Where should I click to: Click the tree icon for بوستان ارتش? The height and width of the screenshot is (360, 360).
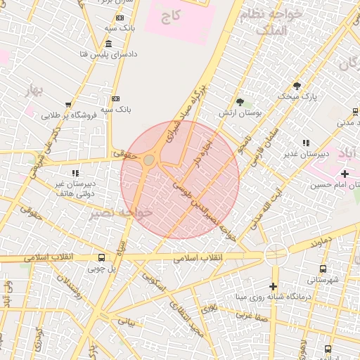coord(240,102)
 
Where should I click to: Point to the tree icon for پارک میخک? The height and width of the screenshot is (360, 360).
coord(297,86)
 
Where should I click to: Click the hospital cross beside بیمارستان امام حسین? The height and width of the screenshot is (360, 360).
coord(344,174)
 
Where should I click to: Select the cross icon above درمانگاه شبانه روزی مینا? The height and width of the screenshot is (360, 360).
coord(273,285)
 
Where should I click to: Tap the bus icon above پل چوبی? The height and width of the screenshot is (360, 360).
coord(102,257)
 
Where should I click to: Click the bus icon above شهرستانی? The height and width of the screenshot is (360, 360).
coord(323,269)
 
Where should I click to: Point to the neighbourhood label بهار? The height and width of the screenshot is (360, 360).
coord(33,91)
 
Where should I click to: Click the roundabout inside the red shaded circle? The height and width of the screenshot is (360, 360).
coord(149,160)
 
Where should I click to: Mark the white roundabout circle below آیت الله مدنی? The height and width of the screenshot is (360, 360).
coord(276,254)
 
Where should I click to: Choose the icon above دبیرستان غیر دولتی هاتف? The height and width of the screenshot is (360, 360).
coord(75,172)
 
